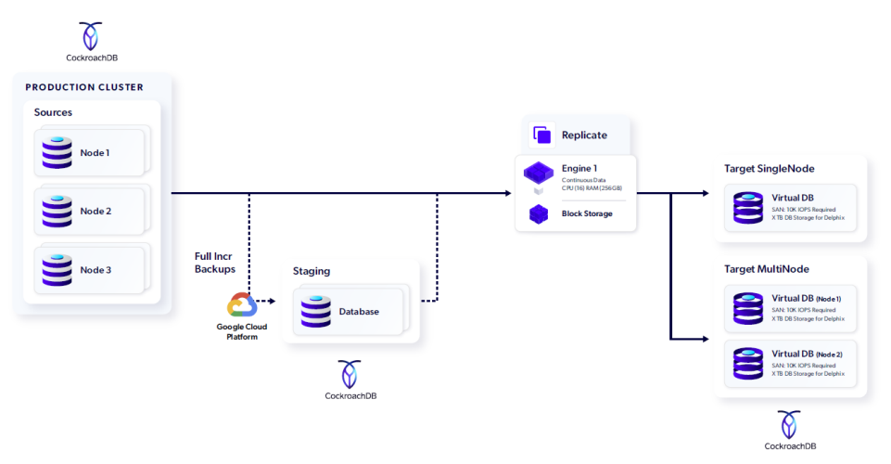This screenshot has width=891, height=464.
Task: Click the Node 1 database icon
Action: tap(57, 152)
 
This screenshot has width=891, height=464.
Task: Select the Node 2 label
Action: tap(95, 212)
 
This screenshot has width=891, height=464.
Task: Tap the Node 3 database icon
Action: tap(57, 269)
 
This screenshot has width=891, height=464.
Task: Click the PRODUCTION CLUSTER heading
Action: tap(84, 87)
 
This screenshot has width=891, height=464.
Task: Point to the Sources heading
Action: tap(53, 112)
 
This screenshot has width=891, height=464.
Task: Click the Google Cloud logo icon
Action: tap(241, 305)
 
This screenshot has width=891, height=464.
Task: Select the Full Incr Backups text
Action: tap(216, 262)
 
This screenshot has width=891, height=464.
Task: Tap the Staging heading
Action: tap(312, 271)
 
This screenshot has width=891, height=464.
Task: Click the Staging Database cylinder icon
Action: tap(315, 311)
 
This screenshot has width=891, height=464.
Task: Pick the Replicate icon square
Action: tap(542, 135)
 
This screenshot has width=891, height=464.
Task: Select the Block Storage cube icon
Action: tap(539, 213)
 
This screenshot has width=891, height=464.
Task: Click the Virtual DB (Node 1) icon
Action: tap(747, 307)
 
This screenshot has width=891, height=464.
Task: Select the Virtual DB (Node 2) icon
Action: tap(747, 362)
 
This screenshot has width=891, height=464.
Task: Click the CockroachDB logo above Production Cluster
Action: tap(90, 36)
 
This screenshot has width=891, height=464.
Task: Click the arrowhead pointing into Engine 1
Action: tap(507, 193)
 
